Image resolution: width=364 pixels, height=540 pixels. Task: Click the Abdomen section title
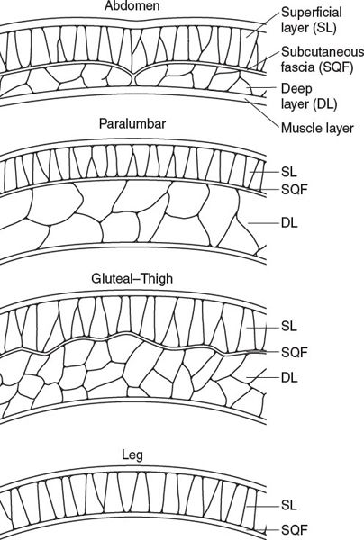132,6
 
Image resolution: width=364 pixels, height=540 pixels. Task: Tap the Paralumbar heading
132,123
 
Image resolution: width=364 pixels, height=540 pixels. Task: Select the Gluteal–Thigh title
132,278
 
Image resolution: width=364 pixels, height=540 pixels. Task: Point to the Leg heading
132,455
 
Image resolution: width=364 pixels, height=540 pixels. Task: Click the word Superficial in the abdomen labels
312,13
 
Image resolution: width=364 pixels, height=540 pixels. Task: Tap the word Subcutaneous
323,51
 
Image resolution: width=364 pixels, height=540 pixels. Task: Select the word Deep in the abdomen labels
296,89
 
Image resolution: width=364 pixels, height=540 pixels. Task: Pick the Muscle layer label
317,128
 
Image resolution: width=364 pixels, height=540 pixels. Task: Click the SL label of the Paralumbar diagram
289,172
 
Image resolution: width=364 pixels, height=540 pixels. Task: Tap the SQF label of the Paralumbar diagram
294,189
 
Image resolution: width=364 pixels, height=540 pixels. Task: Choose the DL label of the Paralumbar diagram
289,223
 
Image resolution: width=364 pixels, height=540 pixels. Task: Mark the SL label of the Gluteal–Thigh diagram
289,326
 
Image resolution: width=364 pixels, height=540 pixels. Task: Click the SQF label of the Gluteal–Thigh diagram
294,352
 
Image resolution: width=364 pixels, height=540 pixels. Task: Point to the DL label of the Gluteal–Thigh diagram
289,377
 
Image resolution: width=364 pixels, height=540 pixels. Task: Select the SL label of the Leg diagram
289,505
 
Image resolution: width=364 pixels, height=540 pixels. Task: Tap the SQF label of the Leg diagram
294,530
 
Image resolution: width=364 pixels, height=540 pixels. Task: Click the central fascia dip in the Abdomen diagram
133,74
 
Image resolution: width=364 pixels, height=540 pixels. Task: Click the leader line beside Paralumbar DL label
263,223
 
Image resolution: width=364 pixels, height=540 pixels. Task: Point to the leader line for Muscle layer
261,113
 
